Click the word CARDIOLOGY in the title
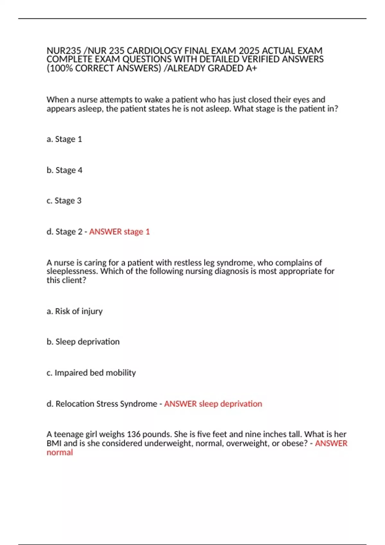[155, 51]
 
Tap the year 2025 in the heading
[249, 51]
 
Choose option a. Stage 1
[64, 139]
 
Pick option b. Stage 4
[64, 170]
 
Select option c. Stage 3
[64, 201]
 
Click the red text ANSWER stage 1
[119, 231]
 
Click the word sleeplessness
[72, 271]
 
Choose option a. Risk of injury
[74, 311]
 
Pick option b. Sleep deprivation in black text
[83, 342]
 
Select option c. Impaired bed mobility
[91, 373]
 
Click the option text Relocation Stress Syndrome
[106, 404]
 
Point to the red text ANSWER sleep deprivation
[213, 404]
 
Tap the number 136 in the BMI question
[133, 434]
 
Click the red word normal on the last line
[60, 452]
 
